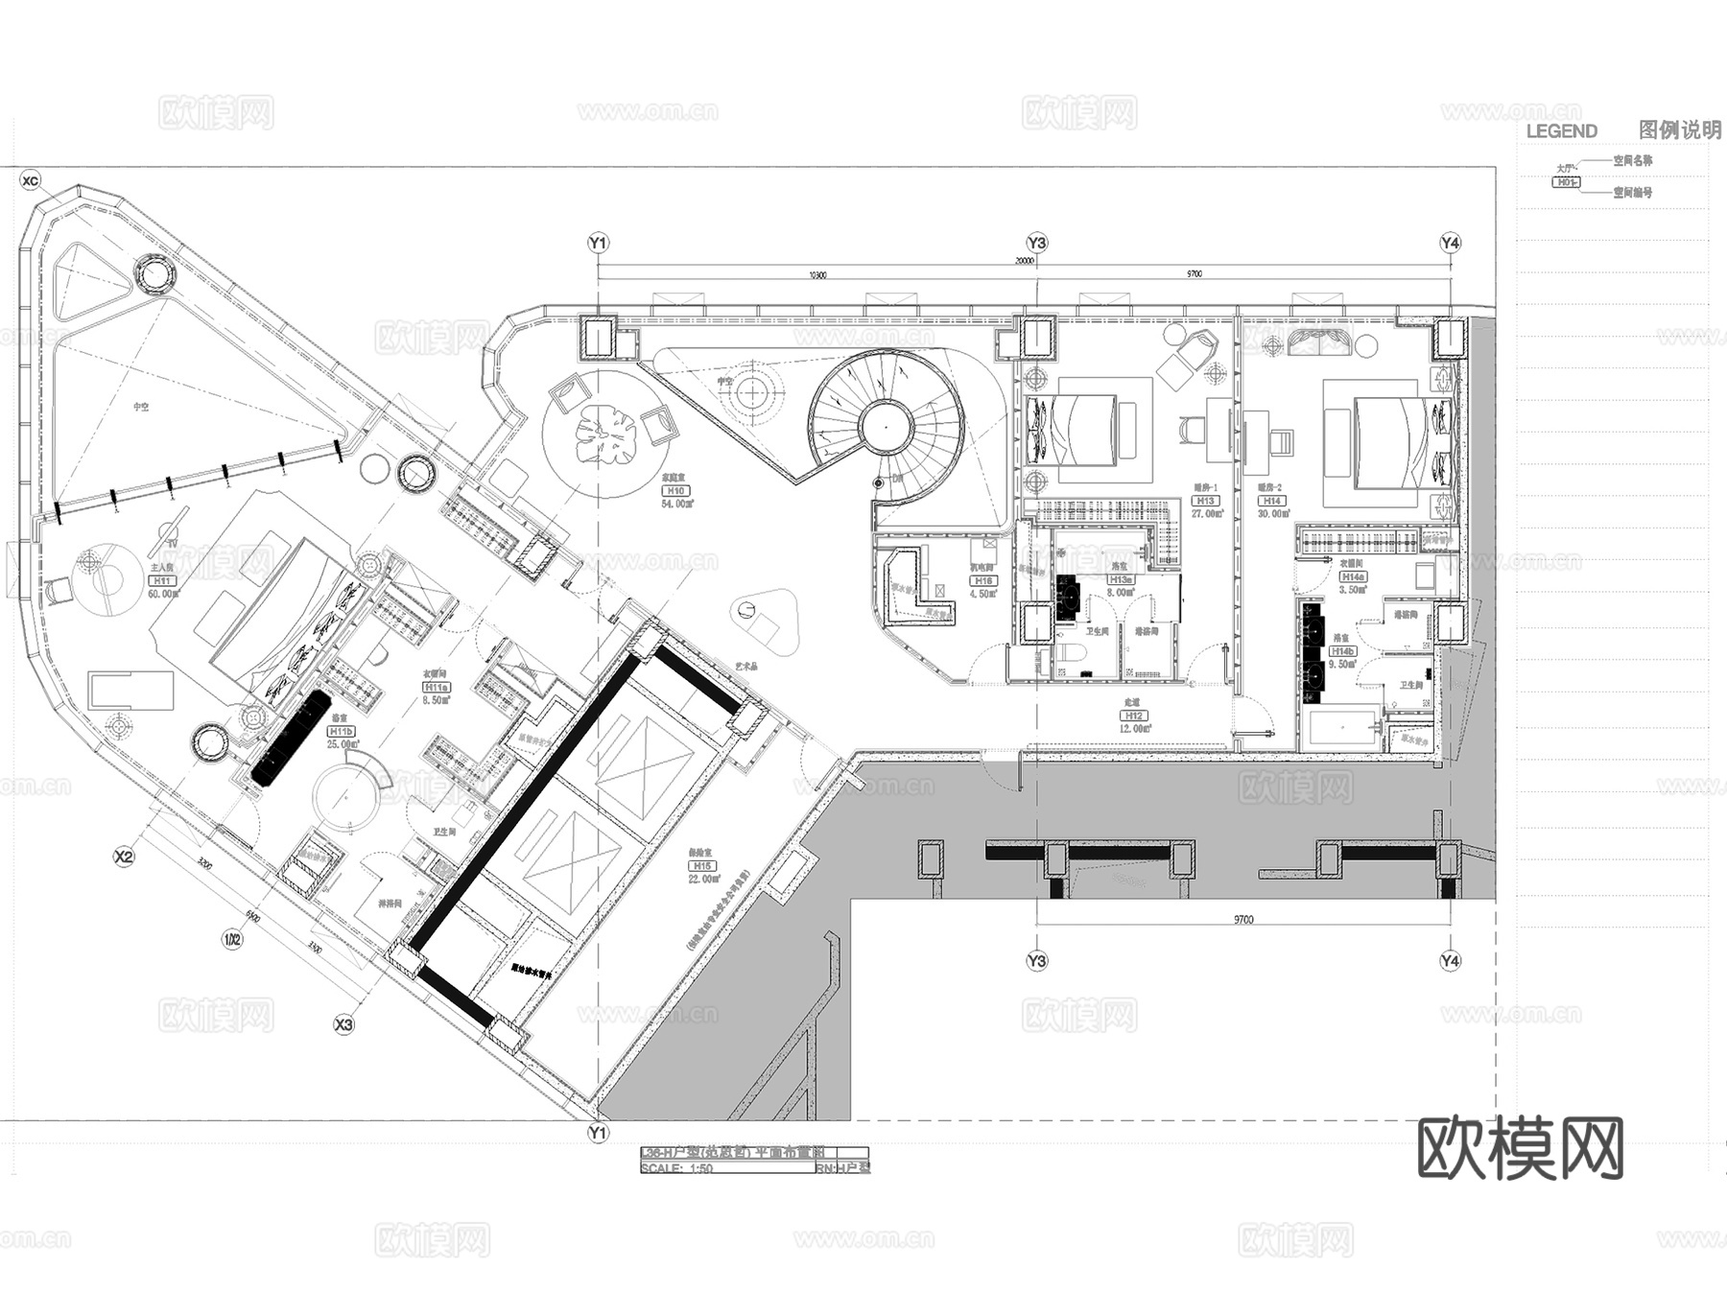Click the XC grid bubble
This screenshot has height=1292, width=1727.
pyautogui.click(x=31, y=180)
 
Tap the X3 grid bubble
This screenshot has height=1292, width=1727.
pyautogui.click(x=343, y=1025)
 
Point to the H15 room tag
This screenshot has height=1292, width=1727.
pyautogui.click(x=702, y=866)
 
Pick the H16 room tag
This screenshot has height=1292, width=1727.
pyautogui.click(x=983, y=581)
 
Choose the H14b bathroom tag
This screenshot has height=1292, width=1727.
pyautogui.click(x=1342, y=651)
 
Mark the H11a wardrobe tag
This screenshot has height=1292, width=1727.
pyautogui.click(x=437, y=687)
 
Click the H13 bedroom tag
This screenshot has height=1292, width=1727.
pyautogui.click(x=1205, y=501)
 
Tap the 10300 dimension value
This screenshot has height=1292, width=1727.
pyautogui.click(x=816, y=274)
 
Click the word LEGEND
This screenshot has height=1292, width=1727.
pyautogui.click(x=1561, y=131)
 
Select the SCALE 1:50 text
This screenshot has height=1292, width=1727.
pyautogui.click(x=676, y=1168)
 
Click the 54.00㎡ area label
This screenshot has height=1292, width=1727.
pyautogui.click(x=676, y=503)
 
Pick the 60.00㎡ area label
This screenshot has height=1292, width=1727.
pyautogui.click(x=163, y=594)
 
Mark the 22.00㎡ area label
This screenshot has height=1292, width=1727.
pyautogui.click(x=703, y=879)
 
